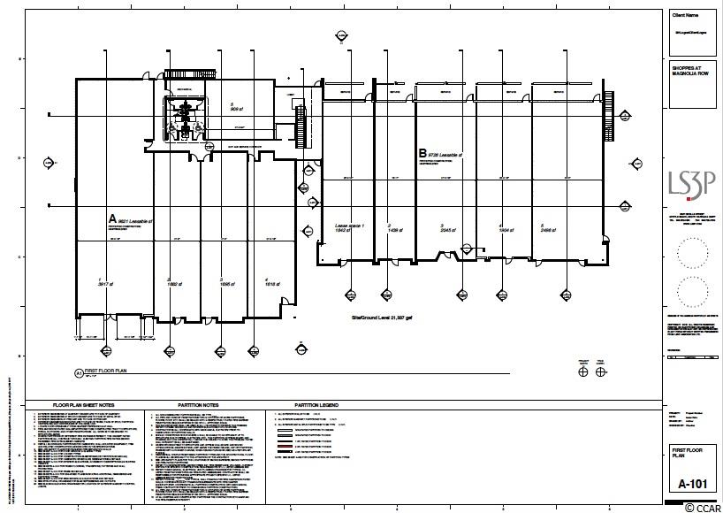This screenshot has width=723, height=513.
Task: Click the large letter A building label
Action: click(111, 218)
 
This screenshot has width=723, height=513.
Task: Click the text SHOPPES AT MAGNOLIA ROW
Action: click(691, 70)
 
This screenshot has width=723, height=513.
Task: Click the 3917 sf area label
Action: click(103, 284)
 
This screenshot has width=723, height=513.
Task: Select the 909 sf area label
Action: click(237, 110)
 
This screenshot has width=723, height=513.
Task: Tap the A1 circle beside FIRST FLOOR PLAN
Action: click(79, 373)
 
